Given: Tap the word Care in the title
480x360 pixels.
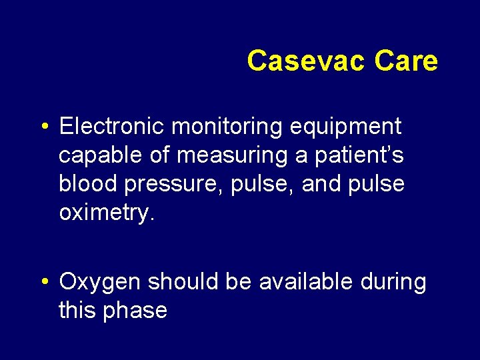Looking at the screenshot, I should click(406, 61).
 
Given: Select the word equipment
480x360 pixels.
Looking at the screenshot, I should click(350, 125).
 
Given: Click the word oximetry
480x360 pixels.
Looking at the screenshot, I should click(107, 213).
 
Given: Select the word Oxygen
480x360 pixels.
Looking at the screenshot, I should click(100, 283).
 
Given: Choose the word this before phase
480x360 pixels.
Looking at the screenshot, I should click(78, 311).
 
